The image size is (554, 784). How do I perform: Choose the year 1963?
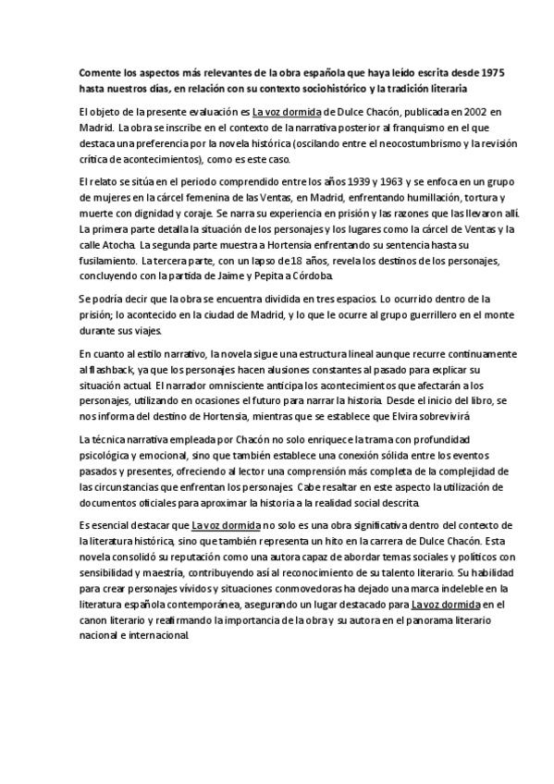point(344,182)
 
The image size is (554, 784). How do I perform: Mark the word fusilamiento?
point(107,261)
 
